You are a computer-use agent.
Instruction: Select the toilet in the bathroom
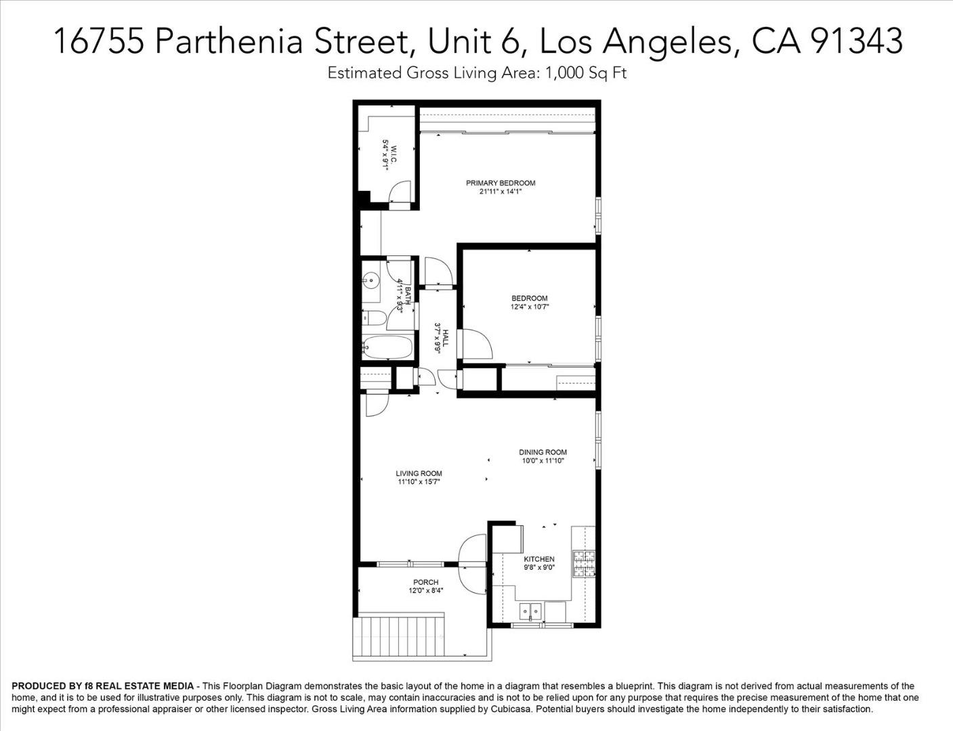pos(374,318)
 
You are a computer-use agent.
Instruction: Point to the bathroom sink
pos(370,278)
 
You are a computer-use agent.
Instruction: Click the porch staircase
pos(400,637)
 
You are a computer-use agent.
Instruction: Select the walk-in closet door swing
pos(400,193)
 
